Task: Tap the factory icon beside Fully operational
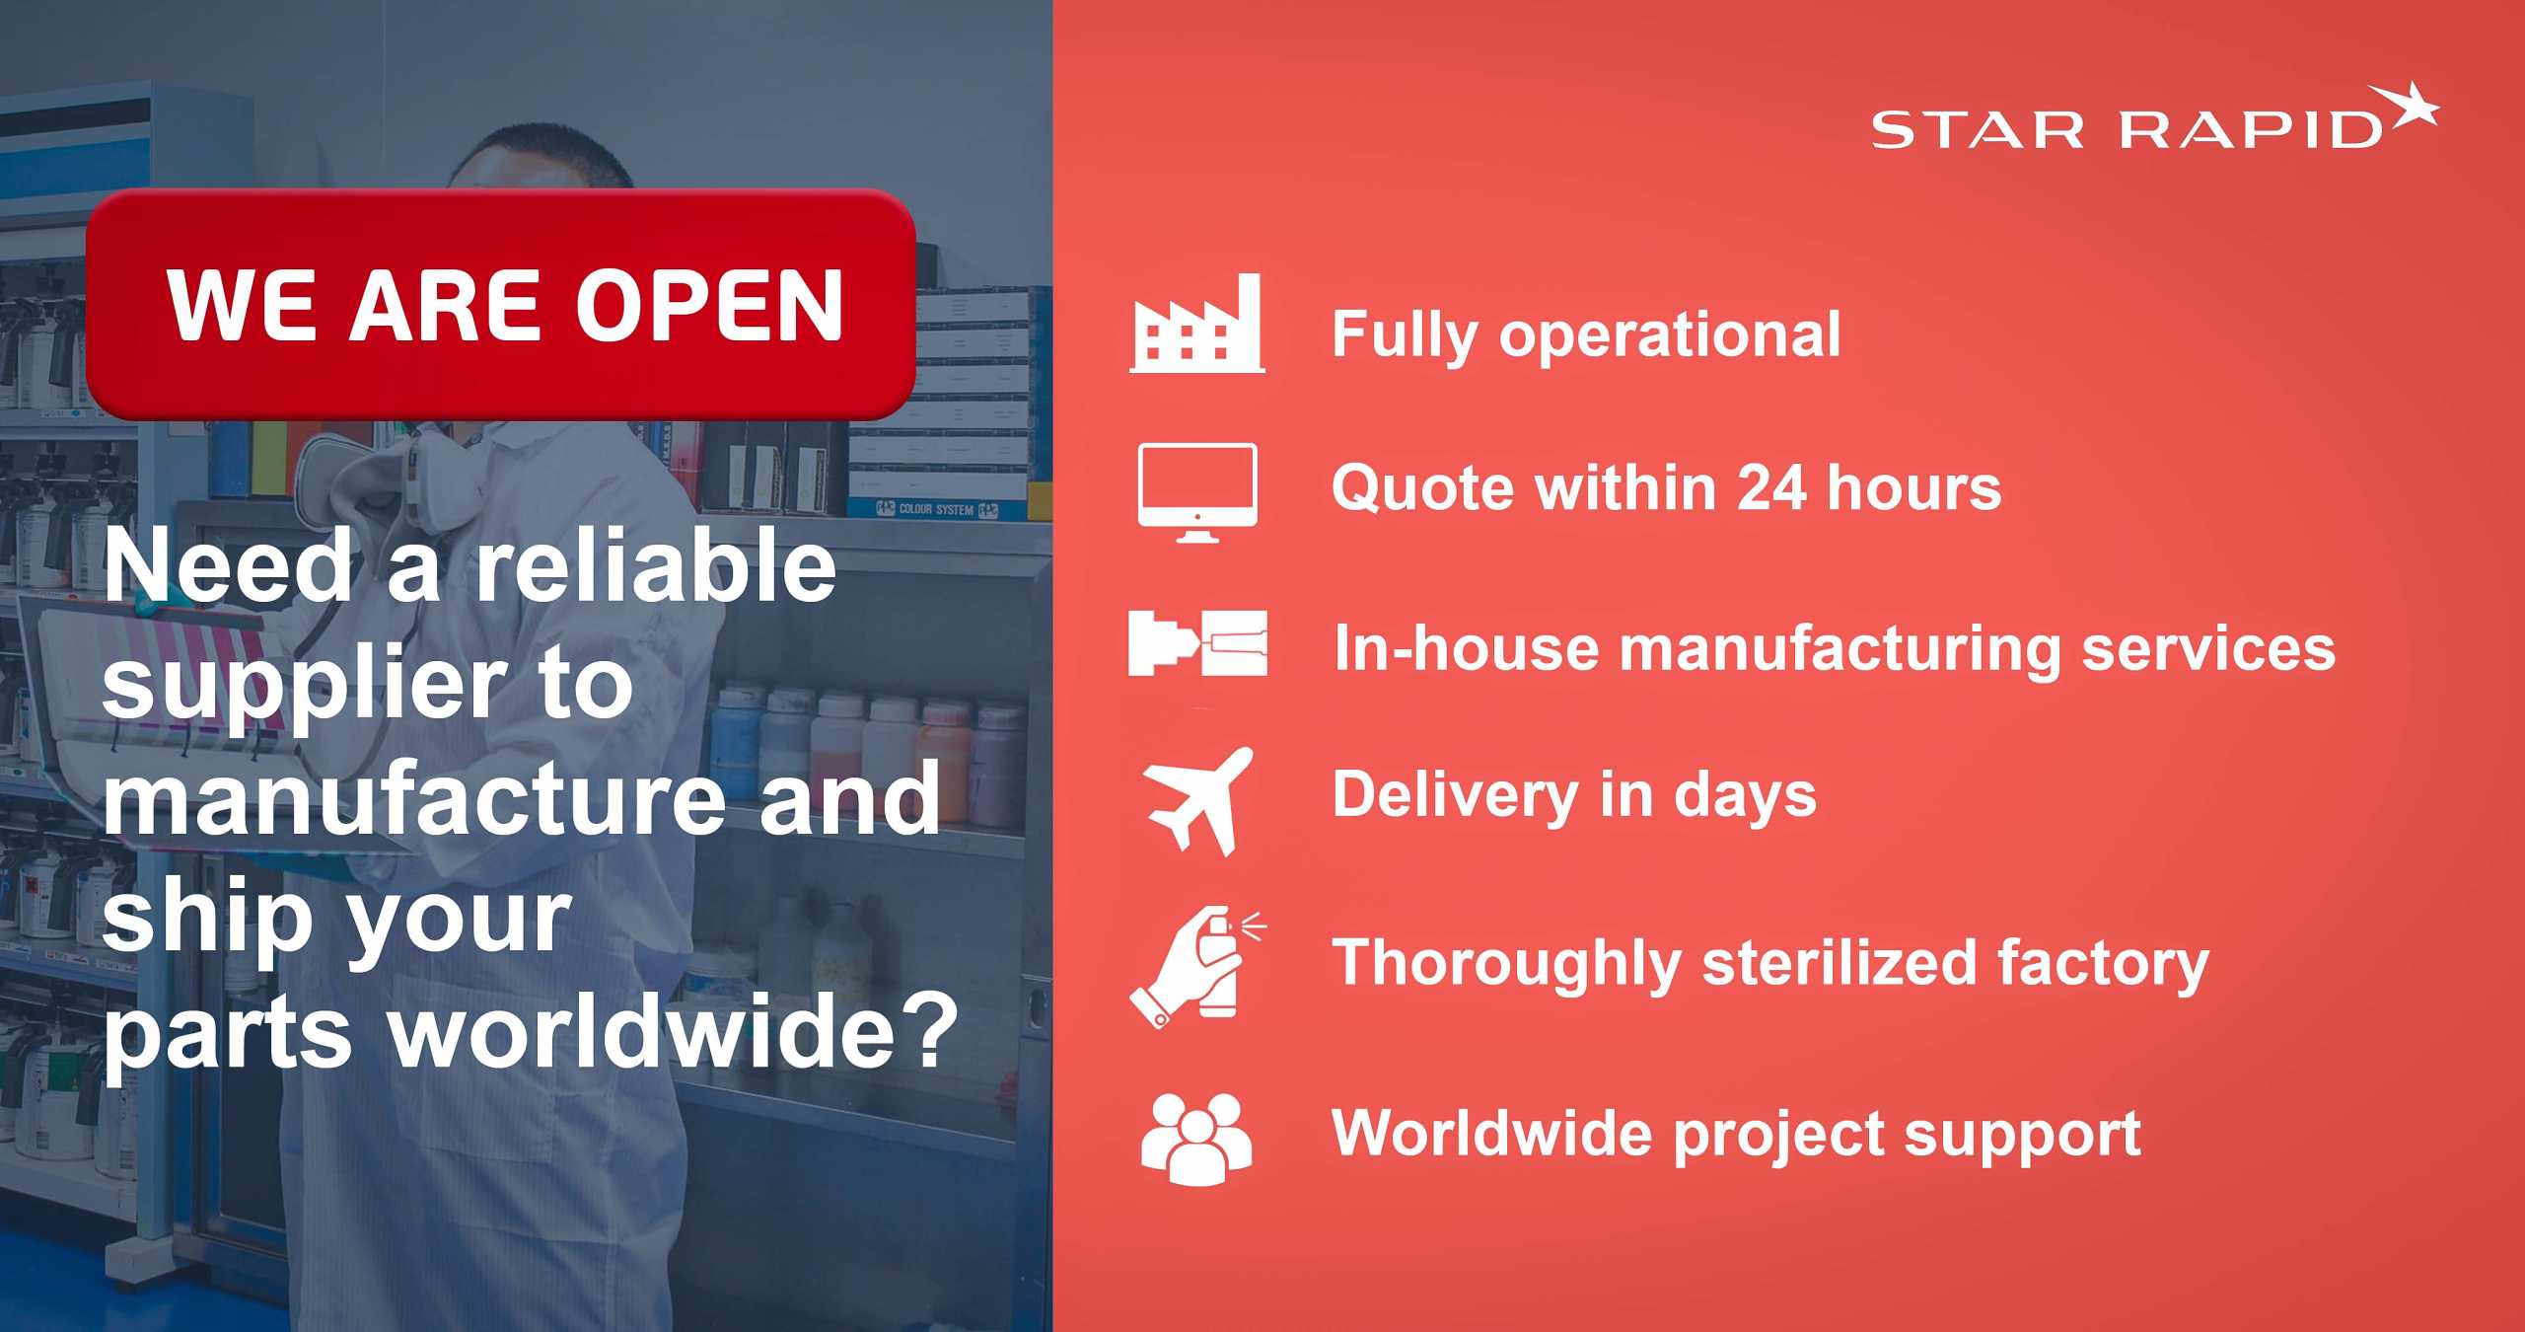(1196, 323)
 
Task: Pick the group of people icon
(1196, 1139)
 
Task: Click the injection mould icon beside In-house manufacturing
(1197, 643)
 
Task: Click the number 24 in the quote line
(1771, 487)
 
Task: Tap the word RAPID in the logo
(2252, 130)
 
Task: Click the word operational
(1670, 335)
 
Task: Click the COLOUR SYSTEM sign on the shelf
(937, 509)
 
